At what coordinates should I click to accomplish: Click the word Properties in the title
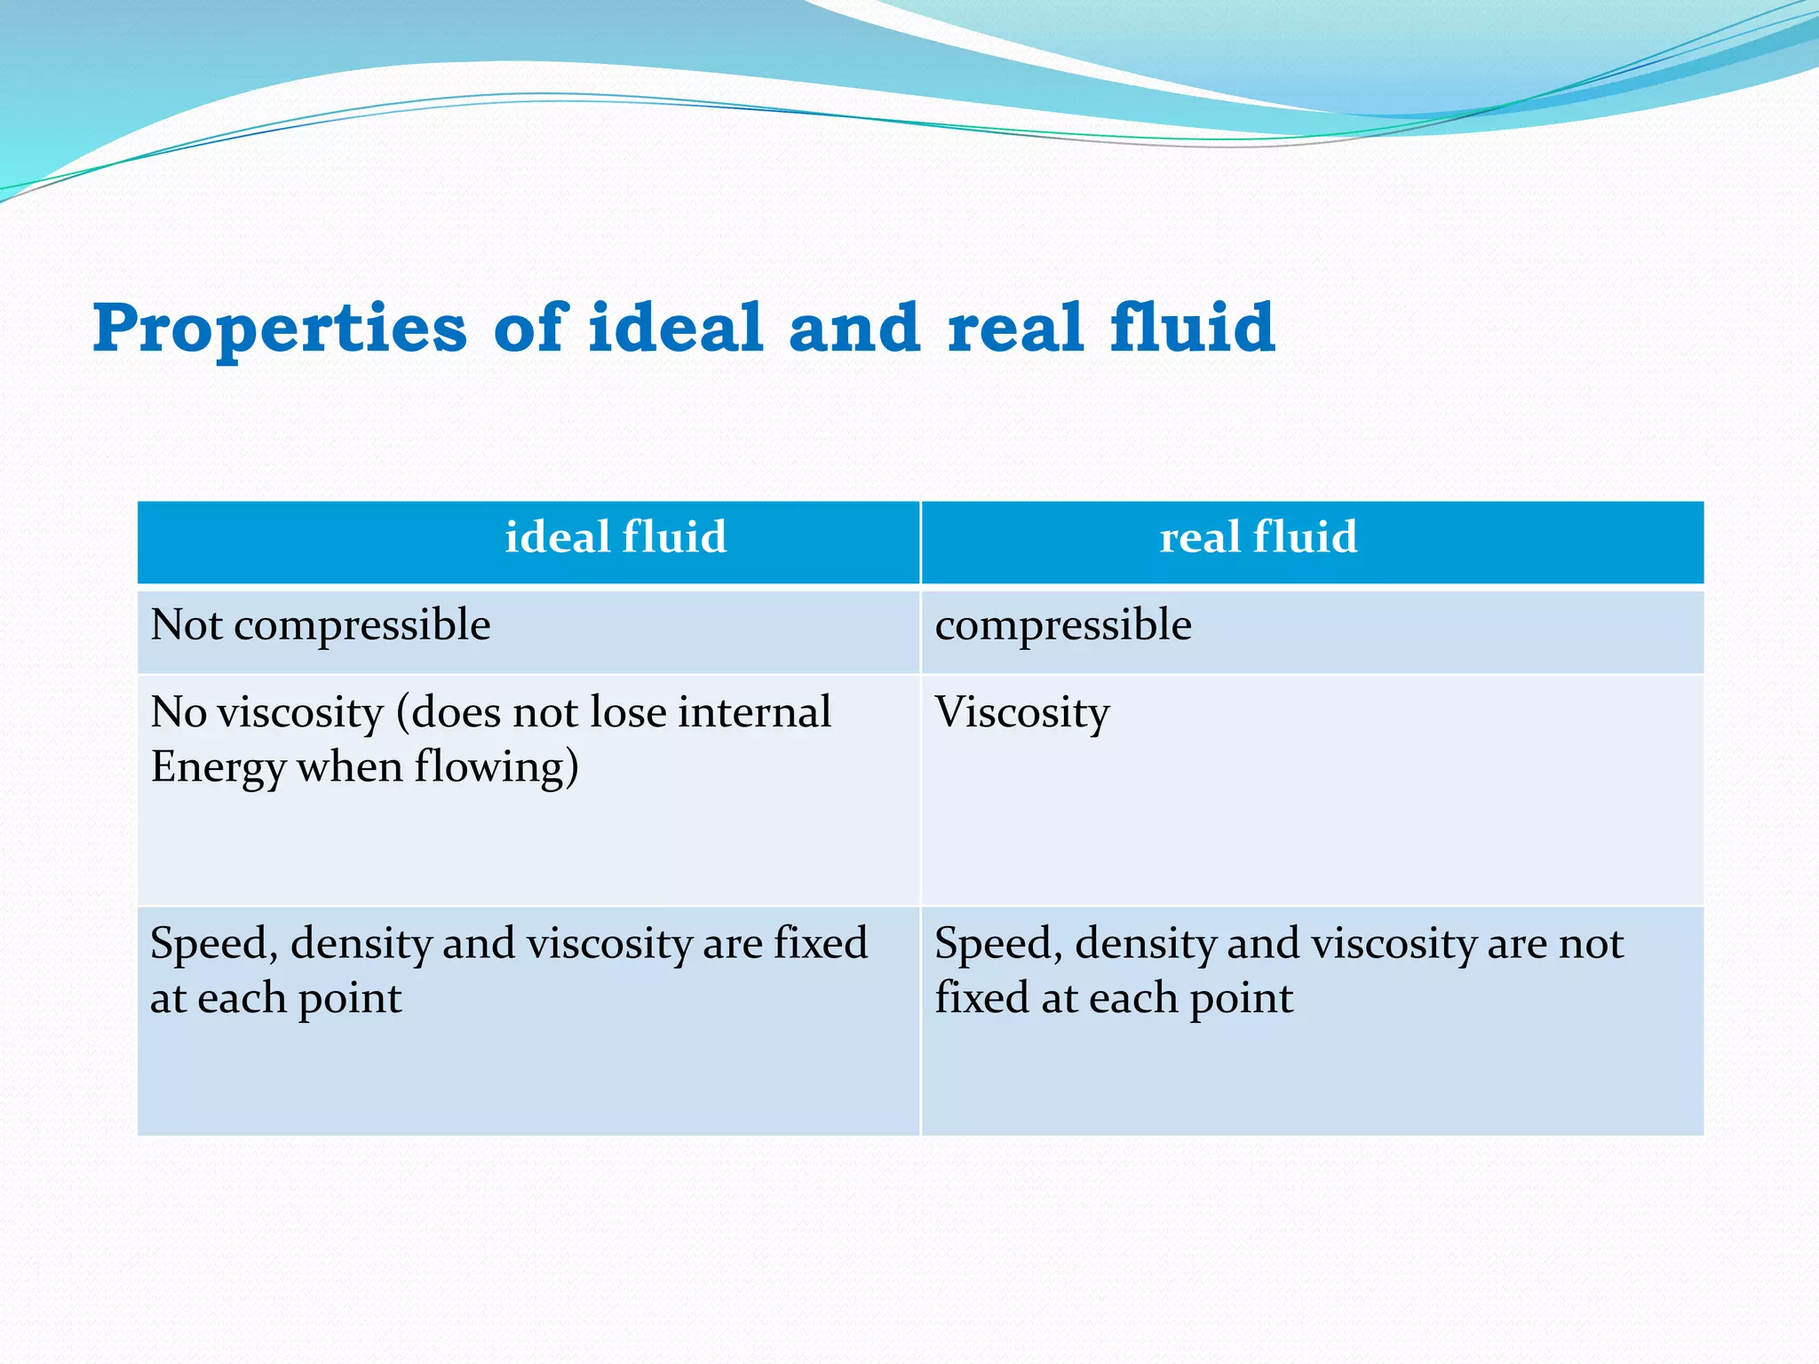coord(280,329)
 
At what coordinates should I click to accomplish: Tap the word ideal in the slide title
coord(675,327)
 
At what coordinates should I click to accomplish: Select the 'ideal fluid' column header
coord(616,538)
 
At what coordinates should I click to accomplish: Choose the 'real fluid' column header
coord(1258,538)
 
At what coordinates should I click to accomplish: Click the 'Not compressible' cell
coord(320,625)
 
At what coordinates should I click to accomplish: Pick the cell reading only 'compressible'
coord(1063,625)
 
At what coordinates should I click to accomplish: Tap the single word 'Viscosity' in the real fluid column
coord(1021,713)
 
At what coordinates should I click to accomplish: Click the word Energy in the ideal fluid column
coord(217,768)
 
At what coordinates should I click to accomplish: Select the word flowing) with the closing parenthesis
coord(496,768)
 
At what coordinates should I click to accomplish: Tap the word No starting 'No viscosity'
coord(178,712)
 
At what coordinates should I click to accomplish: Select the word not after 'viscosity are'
coord(1590,944)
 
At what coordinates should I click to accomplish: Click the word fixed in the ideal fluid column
coord(820,944)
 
